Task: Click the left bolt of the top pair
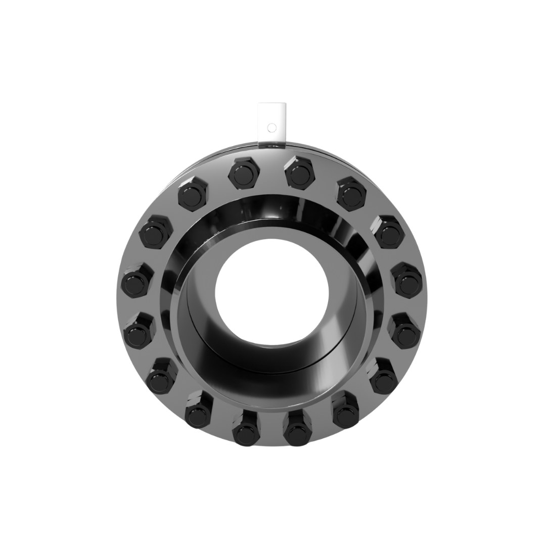pos(244,171)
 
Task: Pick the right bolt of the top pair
pos(300,171)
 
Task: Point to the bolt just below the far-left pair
pos(160,375)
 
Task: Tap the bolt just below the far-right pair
pos(384,376)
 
